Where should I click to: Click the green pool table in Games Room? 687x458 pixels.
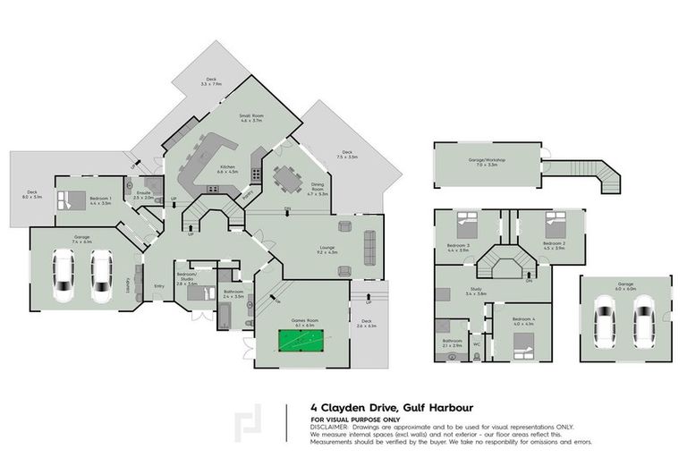click(302, 342)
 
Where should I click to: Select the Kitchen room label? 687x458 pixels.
click(228, 168)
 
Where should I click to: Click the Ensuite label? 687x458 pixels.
click(144, 193)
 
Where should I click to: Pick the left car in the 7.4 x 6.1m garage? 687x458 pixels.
click(64, 276)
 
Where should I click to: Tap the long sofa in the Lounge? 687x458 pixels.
click(369, 245)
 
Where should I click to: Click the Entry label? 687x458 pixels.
click(159, 286)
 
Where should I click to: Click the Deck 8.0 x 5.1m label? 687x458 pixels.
click(31, 194)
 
